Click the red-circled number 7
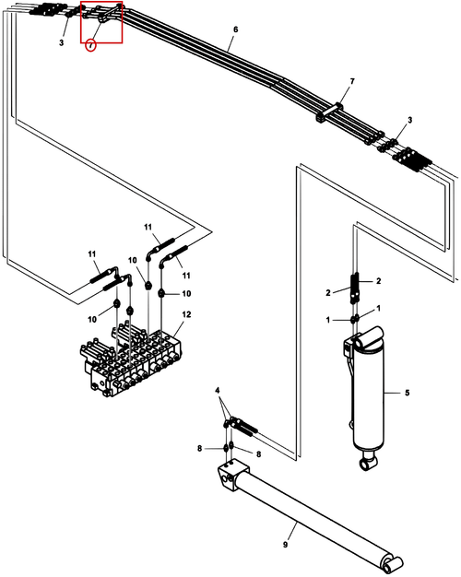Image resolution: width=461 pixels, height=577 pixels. tap(90, 46)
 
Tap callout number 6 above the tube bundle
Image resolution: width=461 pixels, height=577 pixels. tap(236, 29)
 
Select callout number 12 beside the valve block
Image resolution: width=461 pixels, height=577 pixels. tap(186, 314)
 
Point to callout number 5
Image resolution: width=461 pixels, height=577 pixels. tap(407, 393)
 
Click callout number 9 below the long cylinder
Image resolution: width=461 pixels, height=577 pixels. tap(286, 544)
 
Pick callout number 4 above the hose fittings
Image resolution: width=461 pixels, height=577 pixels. tap(218, 390)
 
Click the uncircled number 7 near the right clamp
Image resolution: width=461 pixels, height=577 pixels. tap(352, 81)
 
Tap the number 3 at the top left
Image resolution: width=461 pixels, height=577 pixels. tap(61, 42)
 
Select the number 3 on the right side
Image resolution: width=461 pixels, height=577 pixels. tap(409, 120)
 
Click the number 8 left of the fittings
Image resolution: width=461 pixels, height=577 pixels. tap(199, 449)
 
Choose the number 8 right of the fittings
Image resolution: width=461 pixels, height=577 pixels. tap(258, 454)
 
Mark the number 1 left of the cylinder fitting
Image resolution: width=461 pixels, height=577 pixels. tap(328, 320)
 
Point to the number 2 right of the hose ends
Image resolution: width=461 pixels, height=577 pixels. tap(379, 281)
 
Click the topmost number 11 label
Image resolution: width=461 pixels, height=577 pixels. tap(148, 227)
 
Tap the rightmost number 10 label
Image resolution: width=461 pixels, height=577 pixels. tap(186, 294)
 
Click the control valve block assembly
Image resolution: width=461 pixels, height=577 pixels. tap(131, 361)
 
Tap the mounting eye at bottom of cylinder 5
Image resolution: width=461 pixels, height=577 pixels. tap(369, 464)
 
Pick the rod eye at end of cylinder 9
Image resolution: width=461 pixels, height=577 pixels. tap(393, 564)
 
